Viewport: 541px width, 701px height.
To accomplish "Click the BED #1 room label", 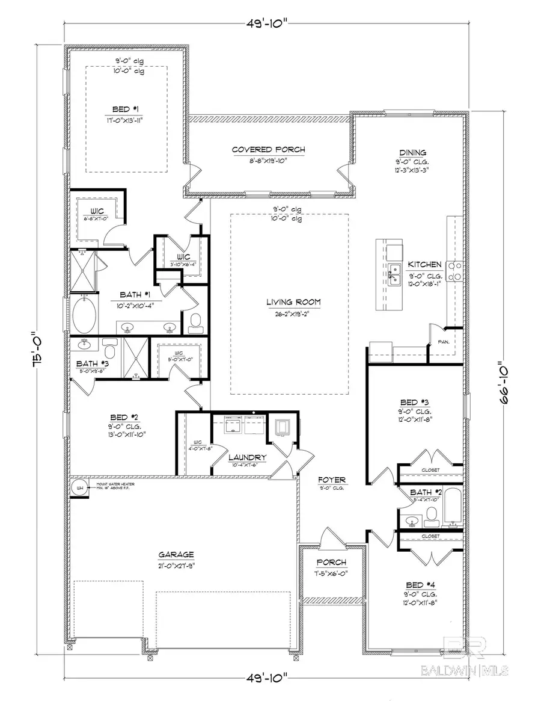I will pyautogui.click(x=126, y=109).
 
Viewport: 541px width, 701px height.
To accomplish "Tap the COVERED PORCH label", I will pyautogui.click(x=269, y=150).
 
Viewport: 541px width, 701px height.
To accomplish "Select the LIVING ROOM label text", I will pyautogui.click(x=294, y=302).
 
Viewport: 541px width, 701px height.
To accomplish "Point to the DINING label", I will pyautogui.click(x=413, y=153).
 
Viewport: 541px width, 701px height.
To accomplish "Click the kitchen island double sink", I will pyautogui.click(x=395, y=274).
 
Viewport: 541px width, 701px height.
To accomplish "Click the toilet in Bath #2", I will pyautogui.click(x=432, y=514).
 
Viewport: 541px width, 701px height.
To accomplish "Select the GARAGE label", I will pyautogui.click(x=176, y=555).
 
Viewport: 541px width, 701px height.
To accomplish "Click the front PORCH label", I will pyautogui.click(x=332, y=563).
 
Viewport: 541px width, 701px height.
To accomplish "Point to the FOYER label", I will pyautogui.click(x=332, y=480).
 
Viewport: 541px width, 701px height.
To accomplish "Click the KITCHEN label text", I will pyautogui.click(x=425, y=264).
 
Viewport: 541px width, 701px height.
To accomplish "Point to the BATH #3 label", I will pyautogui.click(x=92, y=363).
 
